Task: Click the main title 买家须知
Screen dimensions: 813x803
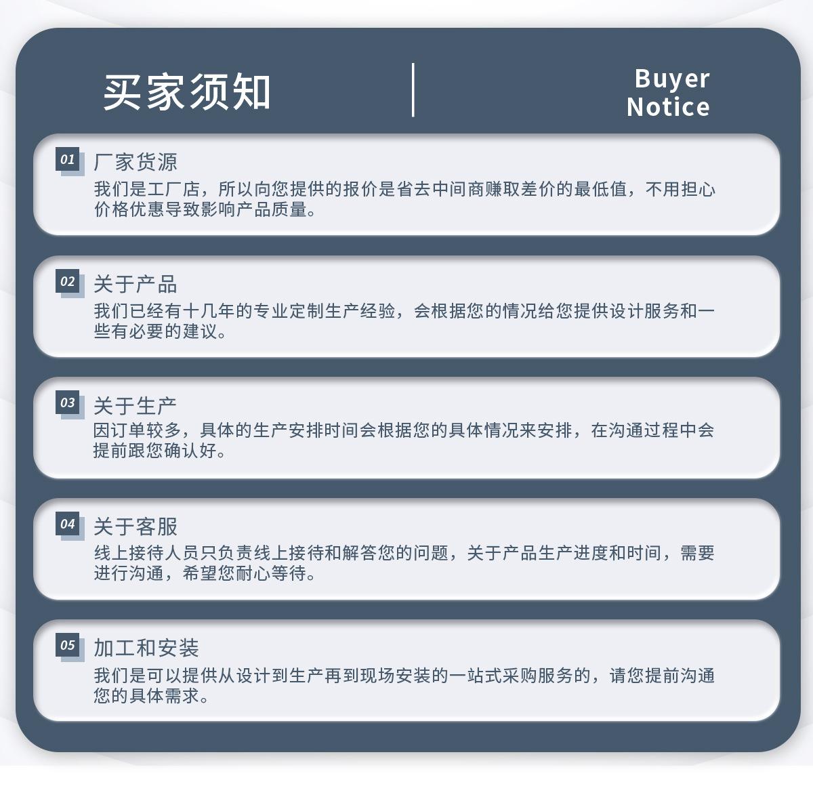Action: (186, 92)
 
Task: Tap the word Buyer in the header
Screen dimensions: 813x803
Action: (671, 79)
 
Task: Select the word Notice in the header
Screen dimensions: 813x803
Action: (668, 107)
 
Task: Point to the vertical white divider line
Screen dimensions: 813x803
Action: (413, 90)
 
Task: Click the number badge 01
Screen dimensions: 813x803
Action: (68, 160)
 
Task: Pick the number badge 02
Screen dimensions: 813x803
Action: (68, 282)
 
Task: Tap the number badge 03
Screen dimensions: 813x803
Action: (68, 403)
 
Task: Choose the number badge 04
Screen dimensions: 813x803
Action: (68, 524)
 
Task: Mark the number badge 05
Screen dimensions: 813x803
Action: (68, 645)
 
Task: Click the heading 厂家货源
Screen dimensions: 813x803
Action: (135, 163)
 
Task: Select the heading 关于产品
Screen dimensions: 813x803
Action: (135, 285)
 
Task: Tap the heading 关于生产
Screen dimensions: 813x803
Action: (135, 406)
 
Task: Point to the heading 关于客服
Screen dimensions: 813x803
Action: (135, 527)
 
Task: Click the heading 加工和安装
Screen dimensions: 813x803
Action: (146, 648)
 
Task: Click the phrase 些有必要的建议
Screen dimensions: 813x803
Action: (156, 331)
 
